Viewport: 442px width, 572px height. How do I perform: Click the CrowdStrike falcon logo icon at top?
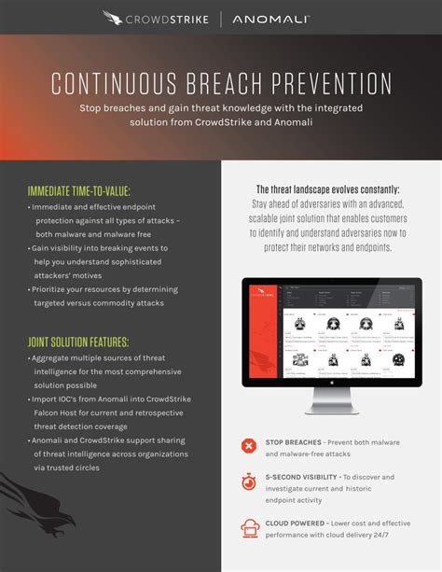pyautogui.click(x=114, y=17)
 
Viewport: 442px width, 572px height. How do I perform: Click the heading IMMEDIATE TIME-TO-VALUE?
pyautogui.click(x=84, y=190)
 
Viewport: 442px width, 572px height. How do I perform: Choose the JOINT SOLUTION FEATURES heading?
pyautogui.click(x=78, y=342)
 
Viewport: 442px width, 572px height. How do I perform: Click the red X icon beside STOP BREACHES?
pyautogui.click(x=249, y=446)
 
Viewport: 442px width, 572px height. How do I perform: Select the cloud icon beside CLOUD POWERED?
pyautogui.click(x=249, y=528)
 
